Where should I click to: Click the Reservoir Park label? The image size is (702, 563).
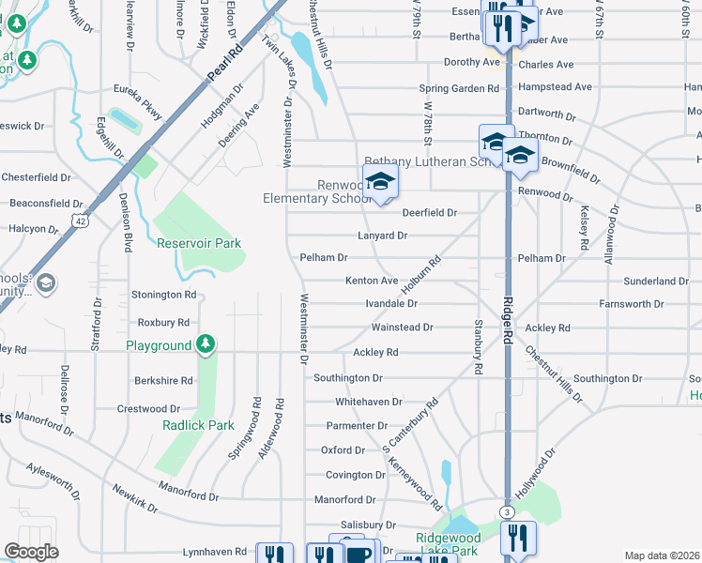point(199,243)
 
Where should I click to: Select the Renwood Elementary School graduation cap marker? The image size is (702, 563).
point(380,180)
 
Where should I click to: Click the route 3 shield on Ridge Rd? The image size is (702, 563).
point(507,511)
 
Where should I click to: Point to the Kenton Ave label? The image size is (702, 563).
point(372,281)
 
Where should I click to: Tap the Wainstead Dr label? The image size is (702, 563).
point(402,327)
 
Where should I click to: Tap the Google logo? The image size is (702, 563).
point(32,552)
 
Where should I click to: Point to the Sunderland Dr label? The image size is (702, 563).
point(657,281)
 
